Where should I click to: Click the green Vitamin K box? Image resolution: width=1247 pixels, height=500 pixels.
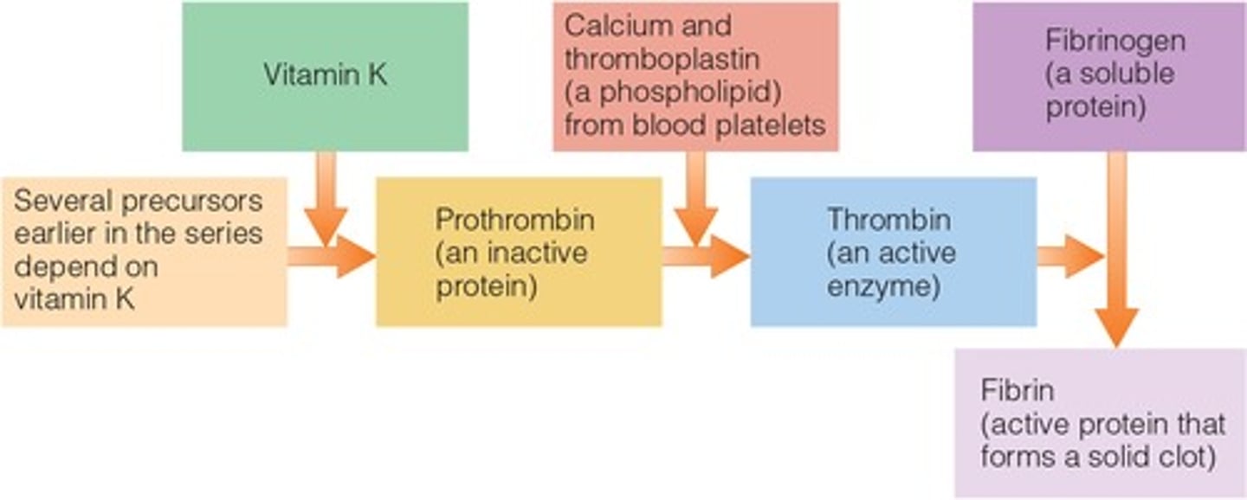[x=325, y=76]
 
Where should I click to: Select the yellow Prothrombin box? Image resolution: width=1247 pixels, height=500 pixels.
[x=518, y=252]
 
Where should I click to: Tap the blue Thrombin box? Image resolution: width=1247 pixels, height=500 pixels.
[x=893, y=252]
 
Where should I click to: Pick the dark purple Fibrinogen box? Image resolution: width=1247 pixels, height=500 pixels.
[x=1108, y=76]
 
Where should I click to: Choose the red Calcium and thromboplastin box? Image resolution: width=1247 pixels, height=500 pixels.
[x=695, y=76]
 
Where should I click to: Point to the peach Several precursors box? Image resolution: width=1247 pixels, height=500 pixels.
[x=144, y=252]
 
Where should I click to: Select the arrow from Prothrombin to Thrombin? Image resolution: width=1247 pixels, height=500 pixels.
[x=705, y=256]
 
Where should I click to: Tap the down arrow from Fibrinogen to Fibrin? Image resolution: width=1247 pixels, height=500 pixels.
[x=1116, y=251]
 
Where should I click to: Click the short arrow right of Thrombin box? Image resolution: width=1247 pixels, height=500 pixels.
[x=1069, y=256]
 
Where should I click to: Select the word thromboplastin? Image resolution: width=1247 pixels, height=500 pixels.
[x=662, y=59]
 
